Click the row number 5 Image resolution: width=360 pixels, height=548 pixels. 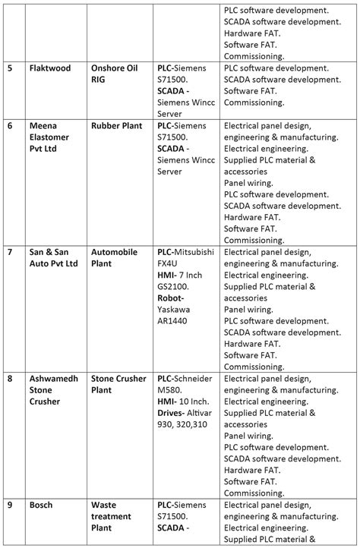10,68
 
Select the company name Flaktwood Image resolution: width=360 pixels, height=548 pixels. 50,68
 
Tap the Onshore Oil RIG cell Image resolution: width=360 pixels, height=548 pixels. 115,74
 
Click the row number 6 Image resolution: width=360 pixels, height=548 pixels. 10,125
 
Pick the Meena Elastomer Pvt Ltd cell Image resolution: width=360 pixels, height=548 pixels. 52,137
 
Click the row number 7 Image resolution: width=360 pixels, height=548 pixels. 10,252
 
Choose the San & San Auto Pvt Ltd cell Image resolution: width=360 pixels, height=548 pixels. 53,257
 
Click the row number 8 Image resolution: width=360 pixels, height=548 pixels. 10,377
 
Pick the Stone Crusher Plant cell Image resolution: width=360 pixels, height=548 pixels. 122,383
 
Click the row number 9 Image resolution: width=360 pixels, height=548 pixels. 10,504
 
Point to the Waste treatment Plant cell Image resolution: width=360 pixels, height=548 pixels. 114,515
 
